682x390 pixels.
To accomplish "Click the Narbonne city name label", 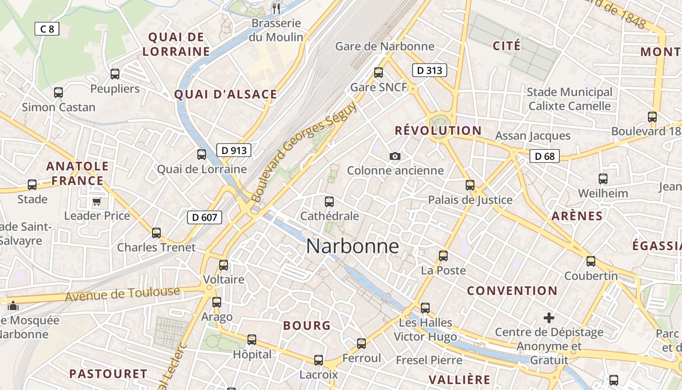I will point(352,246).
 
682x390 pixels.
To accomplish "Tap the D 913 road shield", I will point(234,150).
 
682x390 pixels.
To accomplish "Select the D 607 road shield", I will point(205,217).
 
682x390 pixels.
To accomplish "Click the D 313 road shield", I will point(429,70).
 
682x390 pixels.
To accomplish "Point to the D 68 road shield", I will point(545,156).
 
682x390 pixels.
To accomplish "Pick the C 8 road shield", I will point(47,29).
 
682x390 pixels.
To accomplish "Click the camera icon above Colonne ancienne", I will point(395,156).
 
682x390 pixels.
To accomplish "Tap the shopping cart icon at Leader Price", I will point(96,201).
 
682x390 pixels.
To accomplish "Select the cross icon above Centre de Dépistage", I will point(549,318).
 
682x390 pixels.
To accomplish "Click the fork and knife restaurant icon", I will point(276,8).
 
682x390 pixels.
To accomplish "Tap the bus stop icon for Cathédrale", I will point(329,201).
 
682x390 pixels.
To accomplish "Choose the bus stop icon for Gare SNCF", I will point(379,73).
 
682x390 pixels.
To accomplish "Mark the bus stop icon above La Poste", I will point(443,255).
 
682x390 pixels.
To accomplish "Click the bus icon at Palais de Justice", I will point(470,185).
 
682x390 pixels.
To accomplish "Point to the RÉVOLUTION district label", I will point(438,131).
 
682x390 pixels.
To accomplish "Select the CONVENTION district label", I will point(512,291).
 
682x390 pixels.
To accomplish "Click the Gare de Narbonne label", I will point(384,46).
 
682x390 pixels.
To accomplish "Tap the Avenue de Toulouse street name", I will point(122,294).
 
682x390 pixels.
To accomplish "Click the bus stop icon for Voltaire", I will point(224,265).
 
